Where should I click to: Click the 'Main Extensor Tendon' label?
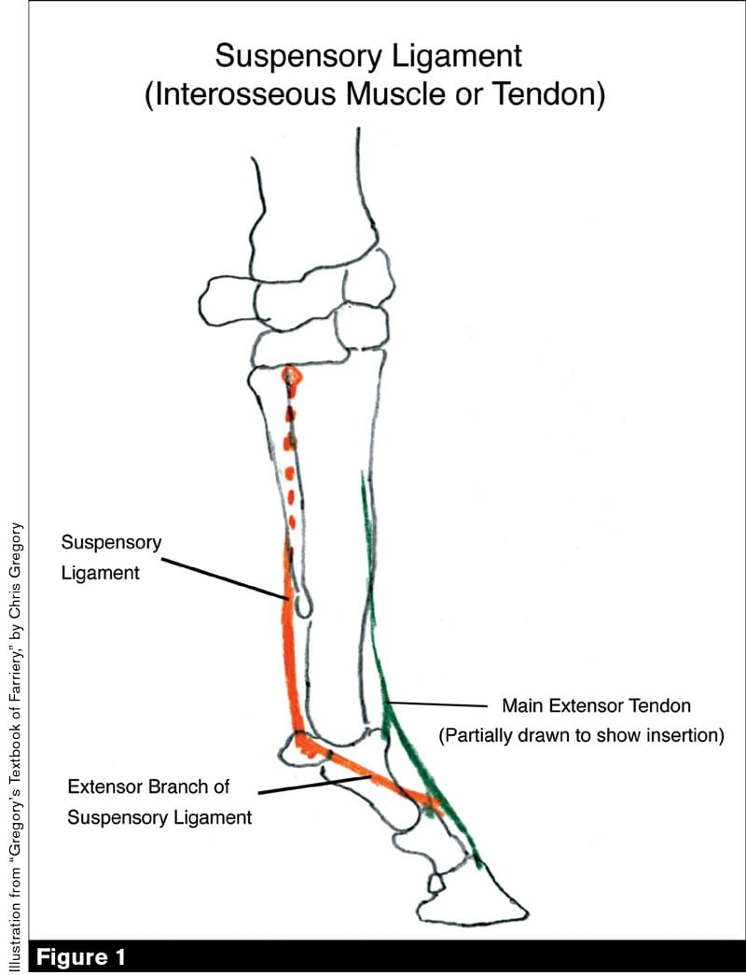(x=596, y=704)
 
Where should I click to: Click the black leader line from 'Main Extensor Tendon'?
(x=438, y=703)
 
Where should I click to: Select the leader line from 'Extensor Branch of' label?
(x=308, y=787)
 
